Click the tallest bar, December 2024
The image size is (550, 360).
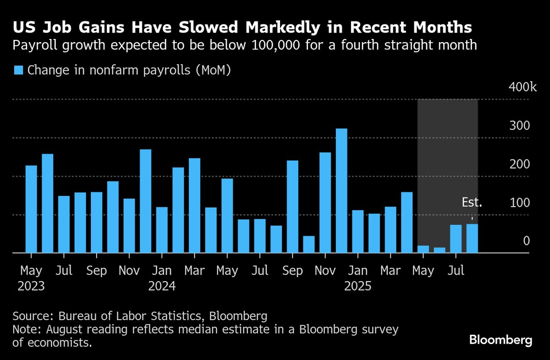(x=341, y=190)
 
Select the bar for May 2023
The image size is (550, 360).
(x=31, y=209)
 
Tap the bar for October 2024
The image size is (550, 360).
(x=309, y=244)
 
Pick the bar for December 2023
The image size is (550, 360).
(x=146, y=201)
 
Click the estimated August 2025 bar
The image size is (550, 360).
(x=472, y=238)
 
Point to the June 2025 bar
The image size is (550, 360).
(x=440, y=250)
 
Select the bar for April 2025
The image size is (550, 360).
(x=407, y=222)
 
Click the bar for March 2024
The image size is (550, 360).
(x=194, y=205)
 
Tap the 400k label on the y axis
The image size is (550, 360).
(x=519, y=88)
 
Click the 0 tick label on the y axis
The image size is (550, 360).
(x=527, y=241)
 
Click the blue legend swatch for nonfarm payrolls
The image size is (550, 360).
(x=18, y=70)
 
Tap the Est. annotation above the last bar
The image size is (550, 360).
(x=472, y=203)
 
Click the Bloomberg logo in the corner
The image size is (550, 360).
(x=500, y=340)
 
